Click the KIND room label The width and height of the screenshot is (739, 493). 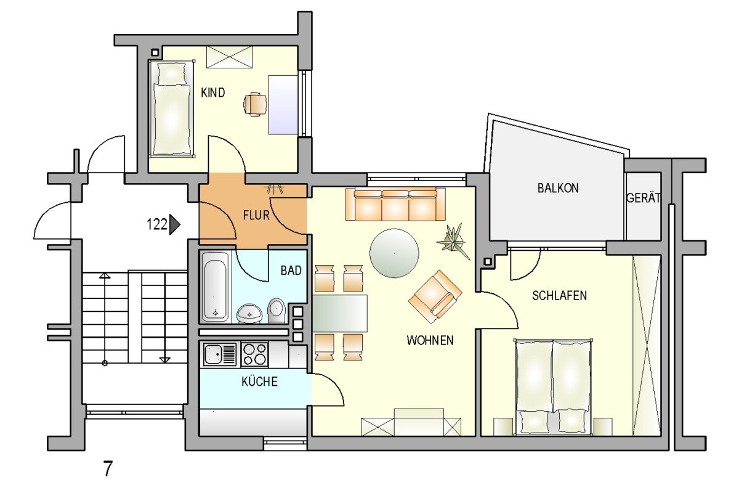(213, 93)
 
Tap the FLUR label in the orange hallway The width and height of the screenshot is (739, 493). (256, 215)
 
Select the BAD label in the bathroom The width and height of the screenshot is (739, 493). (291, 271)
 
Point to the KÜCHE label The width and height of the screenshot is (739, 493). (259, 381)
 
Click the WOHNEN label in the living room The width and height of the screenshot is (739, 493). (430, 340)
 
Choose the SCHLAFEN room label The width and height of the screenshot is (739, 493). (560, 296)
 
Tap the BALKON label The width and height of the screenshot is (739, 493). (558, 188)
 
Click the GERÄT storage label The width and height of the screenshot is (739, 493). (644, 198)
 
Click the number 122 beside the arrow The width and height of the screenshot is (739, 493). (156, 224)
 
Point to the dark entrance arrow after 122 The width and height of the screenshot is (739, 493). (174, 224)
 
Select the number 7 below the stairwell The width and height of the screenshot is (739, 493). (108, 469)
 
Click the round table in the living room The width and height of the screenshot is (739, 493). (394, 253)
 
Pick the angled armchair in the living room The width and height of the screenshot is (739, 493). (435, 296)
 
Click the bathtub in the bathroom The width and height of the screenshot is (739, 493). (215, 287)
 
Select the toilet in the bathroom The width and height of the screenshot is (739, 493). (276, 311)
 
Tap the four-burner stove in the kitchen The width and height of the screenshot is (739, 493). (254, 354)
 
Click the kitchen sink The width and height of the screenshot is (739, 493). (220, 354)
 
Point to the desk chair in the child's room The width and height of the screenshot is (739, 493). (255, 105)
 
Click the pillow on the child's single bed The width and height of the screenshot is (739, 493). (171, 73)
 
